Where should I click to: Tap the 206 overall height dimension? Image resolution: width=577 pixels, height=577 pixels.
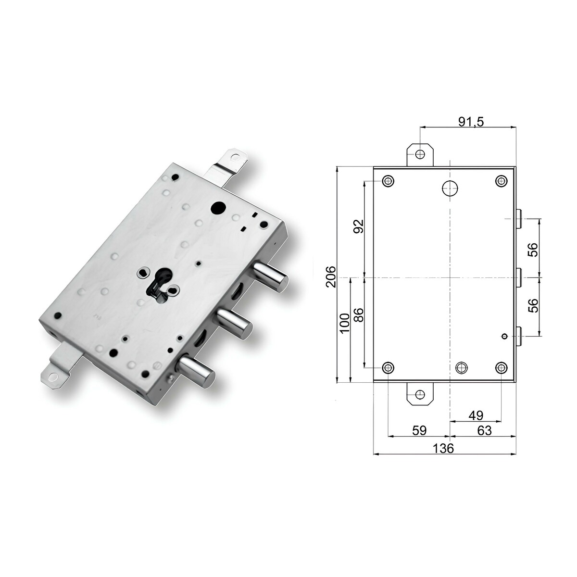(x=331, y=276)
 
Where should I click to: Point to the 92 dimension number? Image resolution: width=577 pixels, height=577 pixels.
(x=358, y=226)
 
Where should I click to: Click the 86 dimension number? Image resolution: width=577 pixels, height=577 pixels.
(x=358, y=314)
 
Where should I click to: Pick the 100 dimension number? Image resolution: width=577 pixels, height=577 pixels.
(x=345, y=323)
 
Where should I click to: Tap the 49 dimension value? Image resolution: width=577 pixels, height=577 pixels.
(x=476, y=415)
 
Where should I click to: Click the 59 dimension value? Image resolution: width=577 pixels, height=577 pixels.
(x=419, y=430)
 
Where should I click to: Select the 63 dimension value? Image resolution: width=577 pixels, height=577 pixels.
(x=484, y=430)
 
